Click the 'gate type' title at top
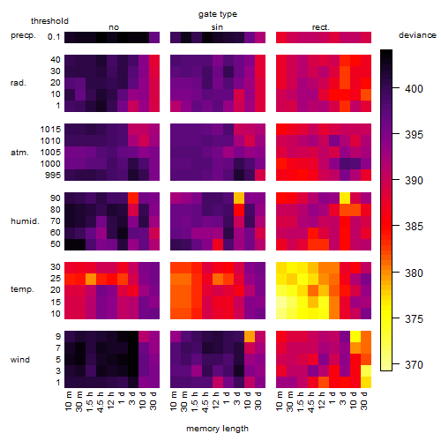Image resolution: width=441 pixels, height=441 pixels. (x=218, y=14)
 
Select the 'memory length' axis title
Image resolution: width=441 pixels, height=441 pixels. (x=217, y=429)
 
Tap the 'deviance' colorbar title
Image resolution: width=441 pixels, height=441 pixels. (x=417, y=35)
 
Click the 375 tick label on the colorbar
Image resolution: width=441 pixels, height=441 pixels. (x=414, y=318)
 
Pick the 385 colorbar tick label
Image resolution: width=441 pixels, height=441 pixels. (x=414, y=227)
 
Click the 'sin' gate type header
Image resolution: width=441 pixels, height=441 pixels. (x=217, y=27)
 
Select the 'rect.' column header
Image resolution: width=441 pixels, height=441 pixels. (x=320, y=27)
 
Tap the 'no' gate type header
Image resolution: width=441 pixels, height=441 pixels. (x=114, y=27)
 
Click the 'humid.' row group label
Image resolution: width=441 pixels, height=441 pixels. (x=25, y=221)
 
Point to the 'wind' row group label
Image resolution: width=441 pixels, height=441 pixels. (x=20, y=360)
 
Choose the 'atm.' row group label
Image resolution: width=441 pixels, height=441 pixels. (x=19, y=153)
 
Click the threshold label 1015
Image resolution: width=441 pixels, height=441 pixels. (x=50, y=130)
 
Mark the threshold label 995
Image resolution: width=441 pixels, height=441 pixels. (x=53, y=176)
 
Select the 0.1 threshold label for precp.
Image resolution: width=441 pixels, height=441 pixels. (x=54, y=37)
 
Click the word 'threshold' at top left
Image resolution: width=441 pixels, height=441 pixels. (x=49, y=21)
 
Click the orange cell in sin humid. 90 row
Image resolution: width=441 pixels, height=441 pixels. (x=239, y=198)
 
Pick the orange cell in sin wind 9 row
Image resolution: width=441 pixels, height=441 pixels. (x=250, y=337)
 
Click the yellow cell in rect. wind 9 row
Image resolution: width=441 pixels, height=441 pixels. (x=355, y=337)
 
